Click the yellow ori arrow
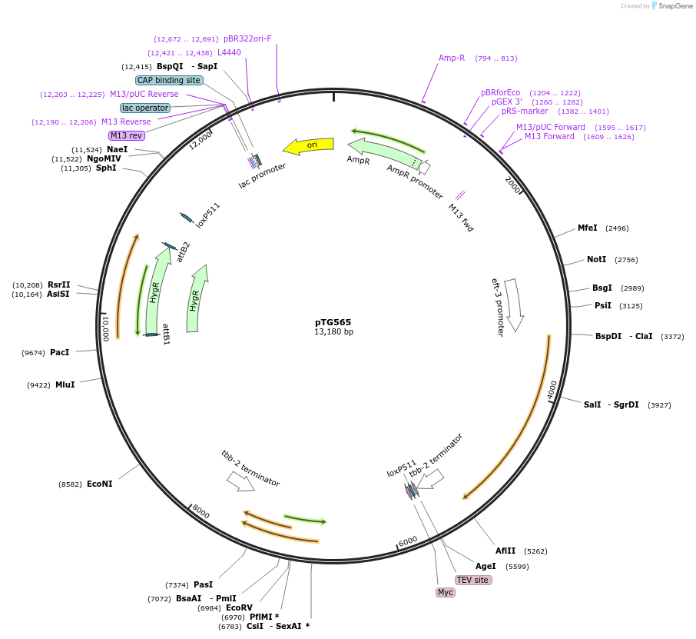[309, 145]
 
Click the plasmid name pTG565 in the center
[333, 322]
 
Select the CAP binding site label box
[169, 80]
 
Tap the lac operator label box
[145, 108]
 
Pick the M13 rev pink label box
[127, 135]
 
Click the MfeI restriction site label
[587, 228]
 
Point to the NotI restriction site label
[596, 259]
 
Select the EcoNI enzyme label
[99, 484]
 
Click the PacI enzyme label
[59, 352]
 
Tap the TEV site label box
[472, 580]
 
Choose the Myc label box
[446, 592]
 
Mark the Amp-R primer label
[452, 58]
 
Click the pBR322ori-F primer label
[247, 38]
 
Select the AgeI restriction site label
[486, 566]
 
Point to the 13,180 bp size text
[333, 332]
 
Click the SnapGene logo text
[674, 6]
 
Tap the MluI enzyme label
[65, 384]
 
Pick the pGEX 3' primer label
[506, 102]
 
